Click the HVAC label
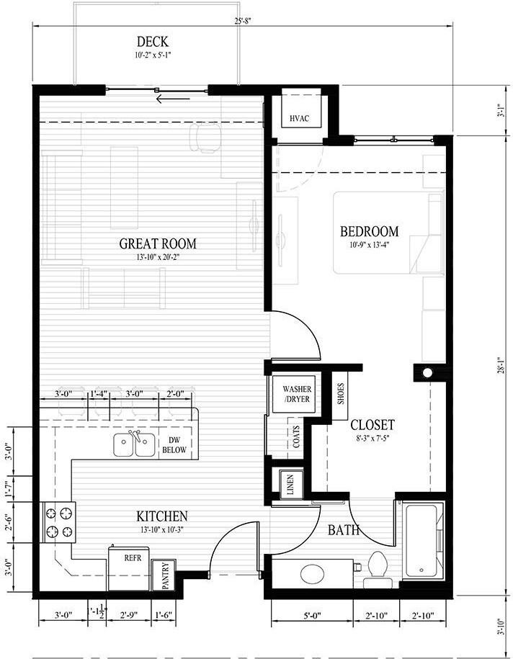[300, 118]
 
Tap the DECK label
[153, 42]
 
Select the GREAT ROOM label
[158, 243]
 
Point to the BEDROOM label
[369, 232]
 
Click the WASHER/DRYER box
[298, 394]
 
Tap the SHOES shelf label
[341, 393]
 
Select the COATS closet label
[296, 436]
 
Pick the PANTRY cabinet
[164, 575]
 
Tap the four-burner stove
[58, 522]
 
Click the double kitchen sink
[135, 445]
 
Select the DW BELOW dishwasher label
[174, 445]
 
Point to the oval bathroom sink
[313, 573]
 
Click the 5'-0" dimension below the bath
[312, 616]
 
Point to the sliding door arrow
[173, 99]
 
